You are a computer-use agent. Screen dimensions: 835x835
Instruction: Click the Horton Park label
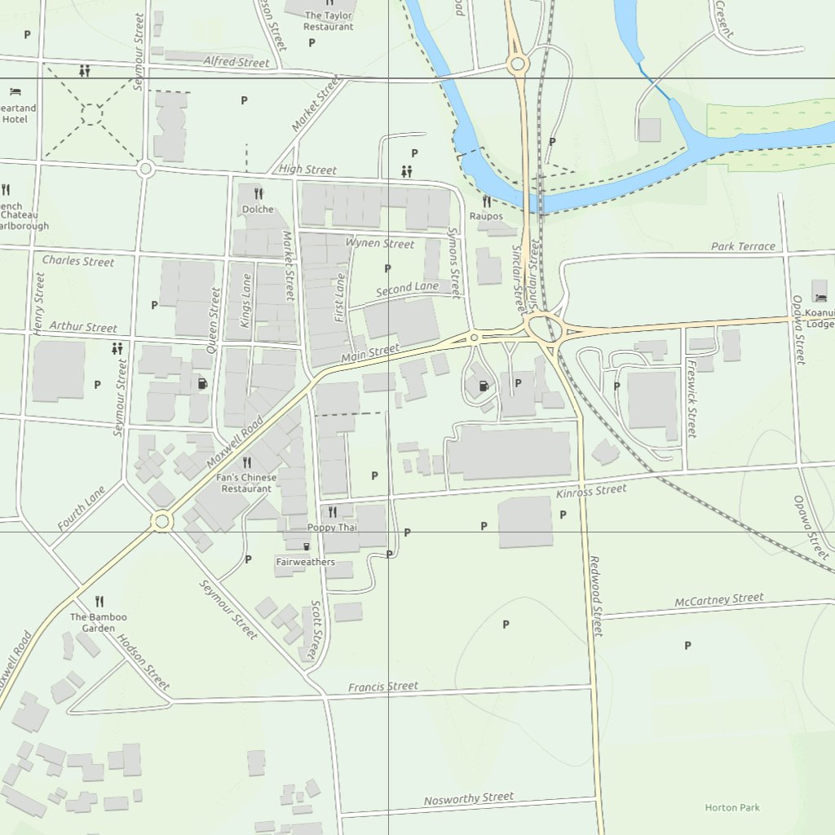click(732, 807)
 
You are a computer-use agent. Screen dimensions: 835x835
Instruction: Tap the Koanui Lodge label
click(820, 318)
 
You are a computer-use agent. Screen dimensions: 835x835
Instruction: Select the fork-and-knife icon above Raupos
click(486, 201)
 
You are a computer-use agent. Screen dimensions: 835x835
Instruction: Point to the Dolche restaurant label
click(258, 210)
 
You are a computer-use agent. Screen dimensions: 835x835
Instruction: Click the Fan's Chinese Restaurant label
click(246, 483)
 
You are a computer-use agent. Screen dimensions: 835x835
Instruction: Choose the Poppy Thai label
click(332, 528)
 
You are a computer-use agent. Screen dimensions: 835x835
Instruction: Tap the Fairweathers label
click(305, 562)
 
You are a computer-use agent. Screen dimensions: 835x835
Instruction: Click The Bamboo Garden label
click(92, 623)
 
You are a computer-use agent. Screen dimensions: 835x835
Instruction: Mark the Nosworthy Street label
click(468, 798)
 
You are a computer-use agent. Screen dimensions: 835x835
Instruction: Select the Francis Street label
click(382, 687)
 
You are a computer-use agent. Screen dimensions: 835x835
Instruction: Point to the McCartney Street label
click(718, 600)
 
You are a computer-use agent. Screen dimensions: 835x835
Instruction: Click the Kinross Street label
click(591, 491)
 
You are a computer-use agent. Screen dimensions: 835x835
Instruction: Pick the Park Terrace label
click(743, 245)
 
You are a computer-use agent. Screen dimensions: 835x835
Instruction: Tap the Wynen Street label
click(379, 243)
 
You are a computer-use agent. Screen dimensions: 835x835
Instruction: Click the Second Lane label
click(407, 289)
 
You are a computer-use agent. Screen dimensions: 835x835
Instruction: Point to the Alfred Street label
click(236, 62)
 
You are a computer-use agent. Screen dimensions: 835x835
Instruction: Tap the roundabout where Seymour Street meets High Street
click(145, 169)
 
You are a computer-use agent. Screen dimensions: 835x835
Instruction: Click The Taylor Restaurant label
click(329, 20)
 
